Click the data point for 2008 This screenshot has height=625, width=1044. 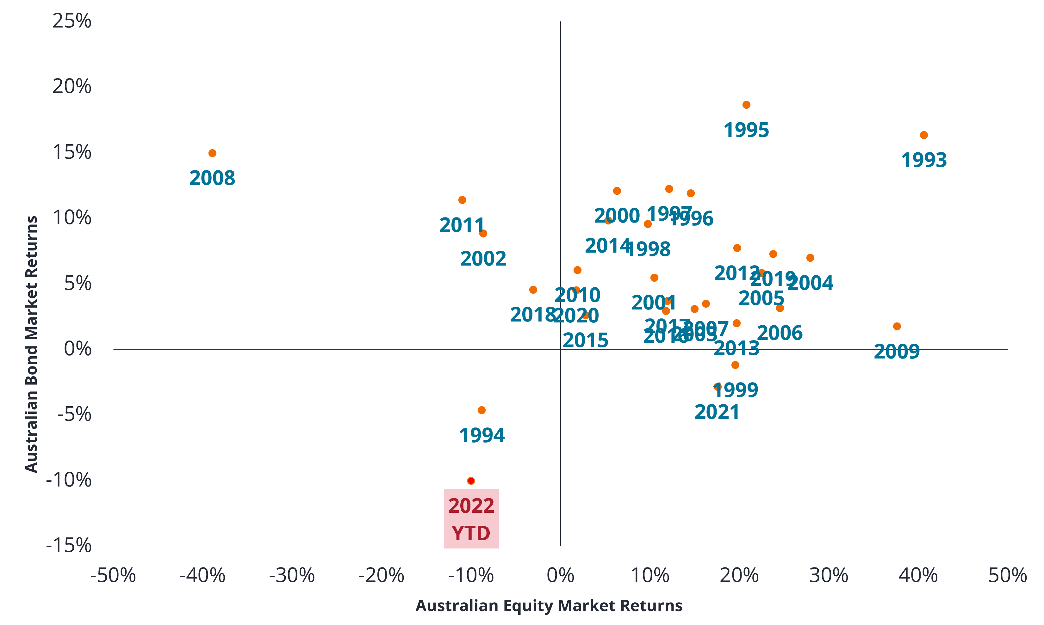[x=212, y=153]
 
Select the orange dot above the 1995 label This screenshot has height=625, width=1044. [x=746, y=105]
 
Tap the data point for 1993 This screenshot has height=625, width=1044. [x=924, y=135]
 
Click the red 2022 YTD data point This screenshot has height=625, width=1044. [x=471, y=481]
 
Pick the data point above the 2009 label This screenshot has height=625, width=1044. [x=897, y=326]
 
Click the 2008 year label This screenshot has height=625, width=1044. [x=212, y=178]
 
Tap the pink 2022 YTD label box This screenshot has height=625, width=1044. [x=471, y=519]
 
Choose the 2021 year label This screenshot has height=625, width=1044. [x=717, y=412]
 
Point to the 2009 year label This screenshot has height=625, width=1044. [x=897, y=352]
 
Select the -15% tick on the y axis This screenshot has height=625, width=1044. [x=69, y=545]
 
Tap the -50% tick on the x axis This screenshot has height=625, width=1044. [x=113, y=576]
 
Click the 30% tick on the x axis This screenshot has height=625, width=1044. [x=829, y=576]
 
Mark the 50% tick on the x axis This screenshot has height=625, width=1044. [x=1008, y=576]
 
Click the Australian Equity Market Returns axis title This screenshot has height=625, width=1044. [x=549, y=606]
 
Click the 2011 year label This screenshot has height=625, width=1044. [x=462, y=225]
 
